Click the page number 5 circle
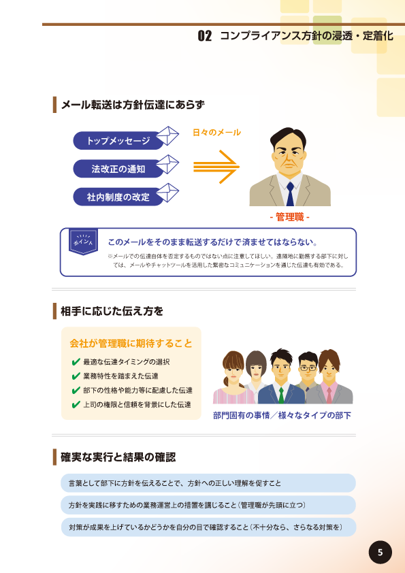coord(380,552)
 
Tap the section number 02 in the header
coord(205,36)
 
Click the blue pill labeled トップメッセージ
coord(118,141)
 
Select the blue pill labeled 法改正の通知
coord(118,169)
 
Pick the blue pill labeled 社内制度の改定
coord(118,197)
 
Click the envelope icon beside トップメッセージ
coord(167,135)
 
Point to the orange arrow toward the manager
coord(216,167)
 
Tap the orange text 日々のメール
coord(216,132)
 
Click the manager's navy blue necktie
coord(290,194)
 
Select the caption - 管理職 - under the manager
coord(290,217)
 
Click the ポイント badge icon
coord(83,242)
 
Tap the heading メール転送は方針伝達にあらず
coord(133,105)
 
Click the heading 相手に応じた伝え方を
coord(112,311)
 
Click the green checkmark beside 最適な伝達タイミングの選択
coord(76,362)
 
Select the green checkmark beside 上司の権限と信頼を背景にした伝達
coord(76,404)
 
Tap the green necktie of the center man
coord(280,395)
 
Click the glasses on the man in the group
coord(308,368)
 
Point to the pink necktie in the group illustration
coord(329,395)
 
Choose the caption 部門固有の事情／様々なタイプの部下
coord(282,416)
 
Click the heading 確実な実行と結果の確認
coord(118,457)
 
